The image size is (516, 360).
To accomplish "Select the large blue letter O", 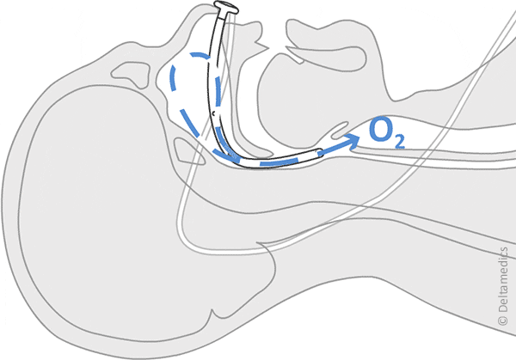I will click(x=380, y=131).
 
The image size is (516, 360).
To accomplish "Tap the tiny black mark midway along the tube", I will click(x=212, y=113).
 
